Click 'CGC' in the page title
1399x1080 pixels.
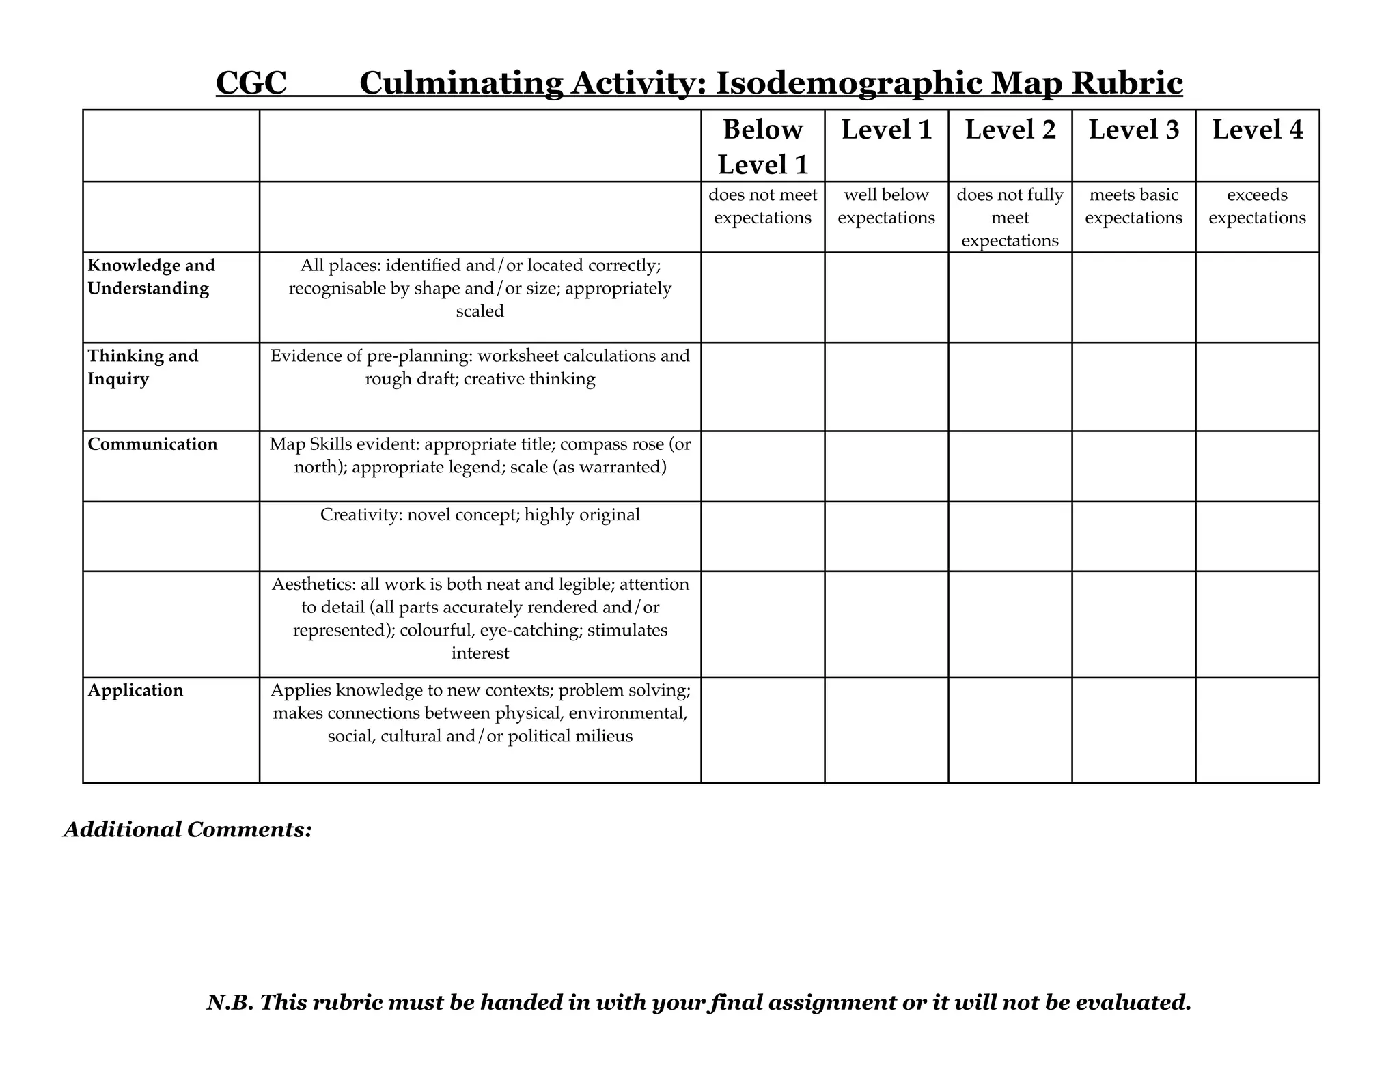click(x=251, y=83)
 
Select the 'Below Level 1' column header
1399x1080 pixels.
click(x=762, y=147)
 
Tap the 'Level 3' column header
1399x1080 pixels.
click(x=1133, y=130)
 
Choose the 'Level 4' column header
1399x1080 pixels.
click(x=1257, y=130)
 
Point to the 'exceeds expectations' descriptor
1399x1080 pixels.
click(x=1257, y=206)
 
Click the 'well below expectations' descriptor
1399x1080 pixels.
click(x=886, y=206)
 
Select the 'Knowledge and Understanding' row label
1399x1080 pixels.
click(x=150, y=276)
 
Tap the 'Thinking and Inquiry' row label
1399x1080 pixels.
click(x=143, y=367)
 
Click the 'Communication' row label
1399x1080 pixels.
click(x=152, y=444)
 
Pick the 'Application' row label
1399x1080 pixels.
click(x=135, y=690)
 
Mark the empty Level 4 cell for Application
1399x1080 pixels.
click(x=1257, y=730)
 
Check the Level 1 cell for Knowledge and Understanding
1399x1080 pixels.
click(x=886, y=297)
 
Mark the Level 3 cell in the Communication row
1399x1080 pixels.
click(x=1133, y=466)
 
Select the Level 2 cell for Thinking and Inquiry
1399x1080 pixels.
click(x=1010, y=386)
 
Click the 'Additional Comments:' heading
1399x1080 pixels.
click(x=188, y=829)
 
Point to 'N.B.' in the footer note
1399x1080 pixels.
click(x=230, y=1002)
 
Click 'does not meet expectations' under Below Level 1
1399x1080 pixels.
click(x=762, y=206)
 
